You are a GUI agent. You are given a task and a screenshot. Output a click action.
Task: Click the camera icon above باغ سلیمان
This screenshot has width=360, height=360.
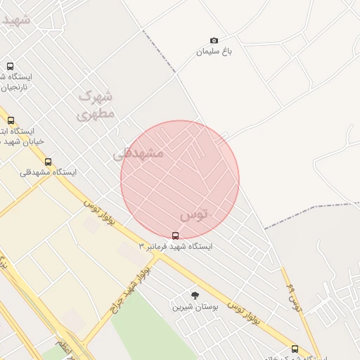coord(214,41)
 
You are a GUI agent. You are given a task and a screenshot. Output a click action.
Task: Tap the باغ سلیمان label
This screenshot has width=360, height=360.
coord(214,52)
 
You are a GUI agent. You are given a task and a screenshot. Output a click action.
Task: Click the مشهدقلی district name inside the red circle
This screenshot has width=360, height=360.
coord(139,153)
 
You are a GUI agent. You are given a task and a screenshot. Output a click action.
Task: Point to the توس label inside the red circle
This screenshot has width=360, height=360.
coord(195,213)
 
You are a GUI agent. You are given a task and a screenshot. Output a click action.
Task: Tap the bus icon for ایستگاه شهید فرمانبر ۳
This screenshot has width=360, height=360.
coord(175,236)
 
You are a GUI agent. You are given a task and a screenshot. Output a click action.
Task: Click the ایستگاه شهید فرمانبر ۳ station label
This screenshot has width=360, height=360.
coord(175,247)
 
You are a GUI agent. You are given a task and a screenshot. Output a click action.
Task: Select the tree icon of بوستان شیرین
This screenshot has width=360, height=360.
coord(195,295)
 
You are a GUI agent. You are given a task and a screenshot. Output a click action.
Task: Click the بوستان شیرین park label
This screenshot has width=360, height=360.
coord(195,307)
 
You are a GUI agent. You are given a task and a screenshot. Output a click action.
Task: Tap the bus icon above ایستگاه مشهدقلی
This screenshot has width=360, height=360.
coord(48,162)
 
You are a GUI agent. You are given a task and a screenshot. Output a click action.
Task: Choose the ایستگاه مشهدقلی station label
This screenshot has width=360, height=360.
coord(48,172)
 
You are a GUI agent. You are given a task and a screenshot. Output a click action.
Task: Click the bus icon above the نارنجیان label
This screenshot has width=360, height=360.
coord(10,66)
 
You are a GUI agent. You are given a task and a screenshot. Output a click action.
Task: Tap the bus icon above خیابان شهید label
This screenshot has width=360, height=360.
coord(10,120)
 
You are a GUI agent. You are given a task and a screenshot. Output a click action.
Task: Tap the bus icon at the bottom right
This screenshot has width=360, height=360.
coord(295,348)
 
